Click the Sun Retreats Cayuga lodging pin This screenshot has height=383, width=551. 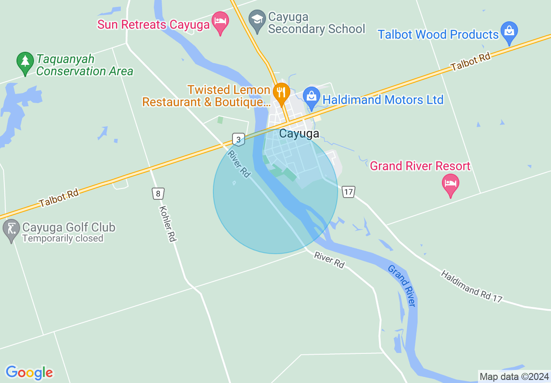point(220,22)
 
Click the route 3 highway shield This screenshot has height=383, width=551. point(238,139)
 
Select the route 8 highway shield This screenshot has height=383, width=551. point(158,193)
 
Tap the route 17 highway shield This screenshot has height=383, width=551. point(349,191)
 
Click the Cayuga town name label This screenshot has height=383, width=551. point(299,134)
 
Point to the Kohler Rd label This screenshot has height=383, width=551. point(167,223)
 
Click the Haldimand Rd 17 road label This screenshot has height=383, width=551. point(471,286)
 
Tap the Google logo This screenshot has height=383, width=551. point(29,373)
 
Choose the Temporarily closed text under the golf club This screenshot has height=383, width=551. point(63,239)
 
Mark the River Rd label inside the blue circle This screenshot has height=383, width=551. point(239,164)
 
